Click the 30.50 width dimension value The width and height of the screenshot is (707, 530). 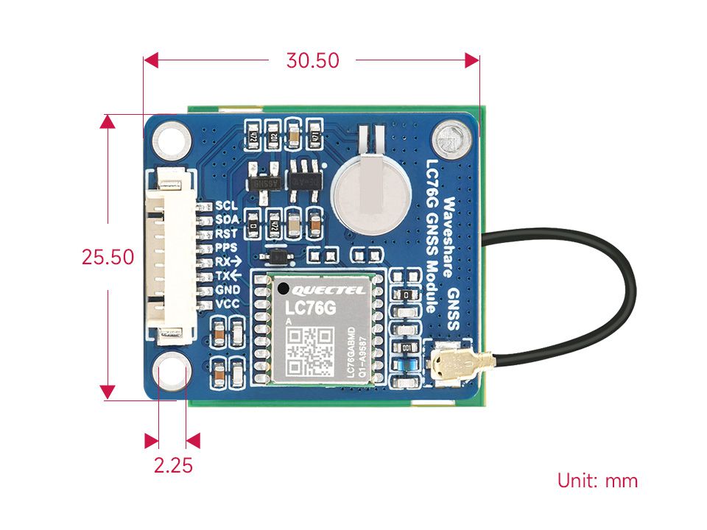point(313,60)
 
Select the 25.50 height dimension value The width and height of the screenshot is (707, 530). point(108,257)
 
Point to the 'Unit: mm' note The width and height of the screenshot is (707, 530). point(597,481)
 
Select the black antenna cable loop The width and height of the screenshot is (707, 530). point(582,294)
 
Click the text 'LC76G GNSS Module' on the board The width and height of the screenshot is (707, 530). point(432,236)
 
